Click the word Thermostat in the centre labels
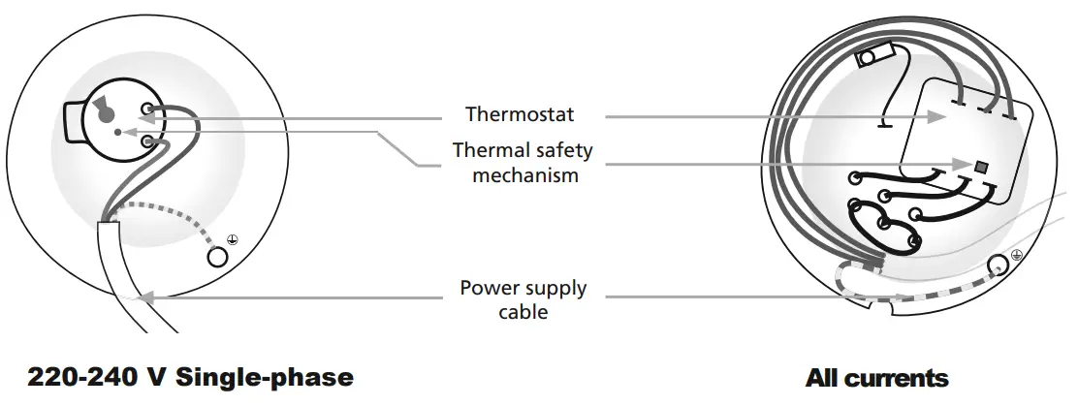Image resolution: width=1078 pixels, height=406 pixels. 519,114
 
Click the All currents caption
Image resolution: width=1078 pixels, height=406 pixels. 876,377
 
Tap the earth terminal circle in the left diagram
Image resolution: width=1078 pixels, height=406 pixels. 218,256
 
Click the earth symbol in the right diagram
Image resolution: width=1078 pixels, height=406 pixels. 1016,255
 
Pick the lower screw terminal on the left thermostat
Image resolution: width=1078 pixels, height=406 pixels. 146,142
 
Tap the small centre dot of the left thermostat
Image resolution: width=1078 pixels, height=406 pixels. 116,129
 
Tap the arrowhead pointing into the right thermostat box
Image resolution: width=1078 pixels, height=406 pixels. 940,116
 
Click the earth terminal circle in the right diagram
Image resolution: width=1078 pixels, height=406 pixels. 995,265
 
